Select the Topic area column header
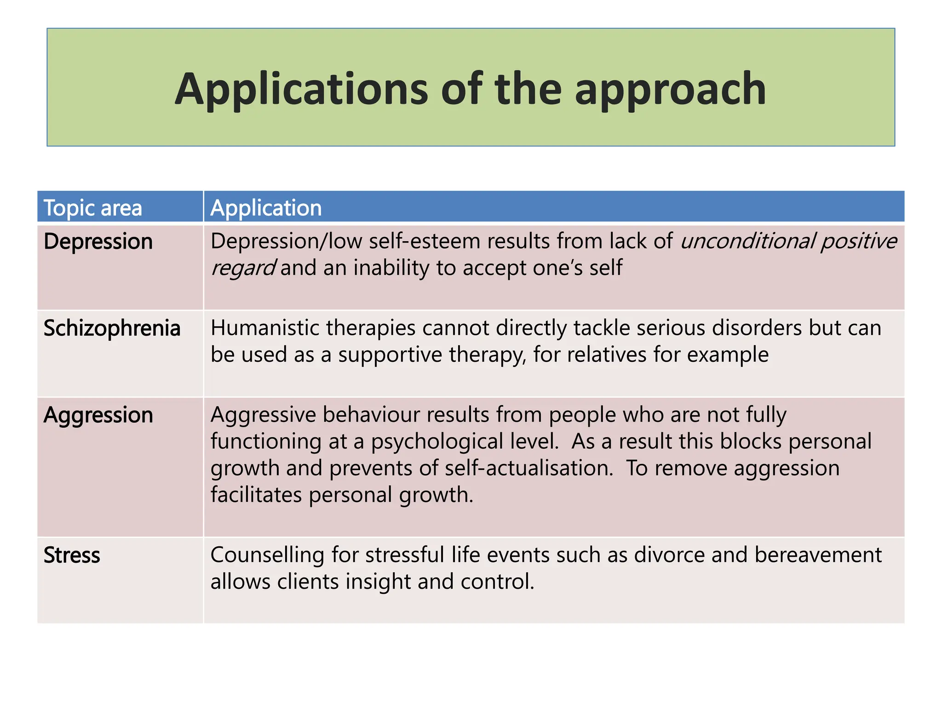(x=92, y=208)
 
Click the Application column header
(x=266, y=208)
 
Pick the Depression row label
(x=98, y=242)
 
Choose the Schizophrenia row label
(x=112, y=329)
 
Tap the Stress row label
(x=72, y=556)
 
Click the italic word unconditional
(x=747, y=241)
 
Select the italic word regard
(x=242, y=268)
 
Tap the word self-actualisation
(x=529, y=468)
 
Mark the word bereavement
(x=818, y=555)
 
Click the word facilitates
(x=256, y=495)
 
